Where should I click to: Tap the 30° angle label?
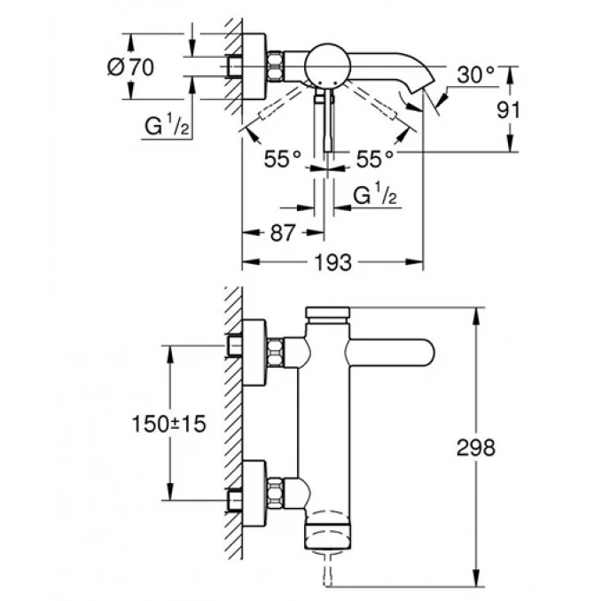point(476,76)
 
